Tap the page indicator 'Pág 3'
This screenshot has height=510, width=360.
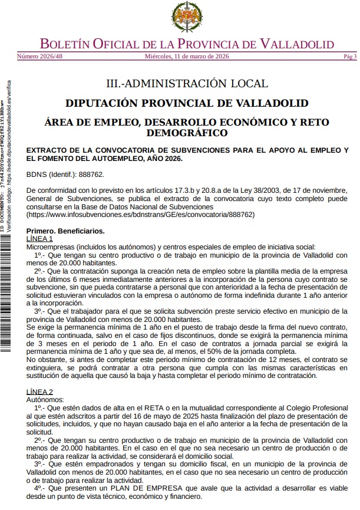click(x=349, y=57)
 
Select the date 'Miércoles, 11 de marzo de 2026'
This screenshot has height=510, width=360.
click(x=186, y=57)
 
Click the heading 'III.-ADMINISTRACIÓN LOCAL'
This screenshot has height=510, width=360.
click(x=186, y=83)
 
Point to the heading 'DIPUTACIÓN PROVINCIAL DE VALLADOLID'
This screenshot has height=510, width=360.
click(x=186, y=103)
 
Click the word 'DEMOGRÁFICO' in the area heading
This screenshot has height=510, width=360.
click(x=186, y=133)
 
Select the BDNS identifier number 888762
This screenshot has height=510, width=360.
click(x=92, y=175)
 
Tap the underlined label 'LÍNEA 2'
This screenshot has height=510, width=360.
click(x=40, y=391)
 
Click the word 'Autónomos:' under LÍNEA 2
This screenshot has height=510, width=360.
click(x=45, y=399)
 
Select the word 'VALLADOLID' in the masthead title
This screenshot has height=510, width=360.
click(x=297, y=44)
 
